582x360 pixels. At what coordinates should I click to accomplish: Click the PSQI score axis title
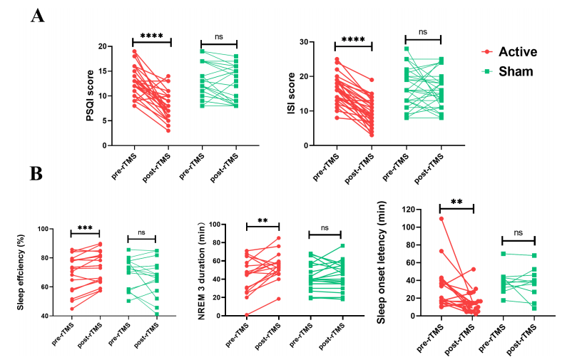[90, 96]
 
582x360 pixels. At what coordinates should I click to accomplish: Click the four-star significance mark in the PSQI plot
[151, 36]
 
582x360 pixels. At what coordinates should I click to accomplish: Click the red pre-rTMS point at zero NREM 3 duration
[246, 314]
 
